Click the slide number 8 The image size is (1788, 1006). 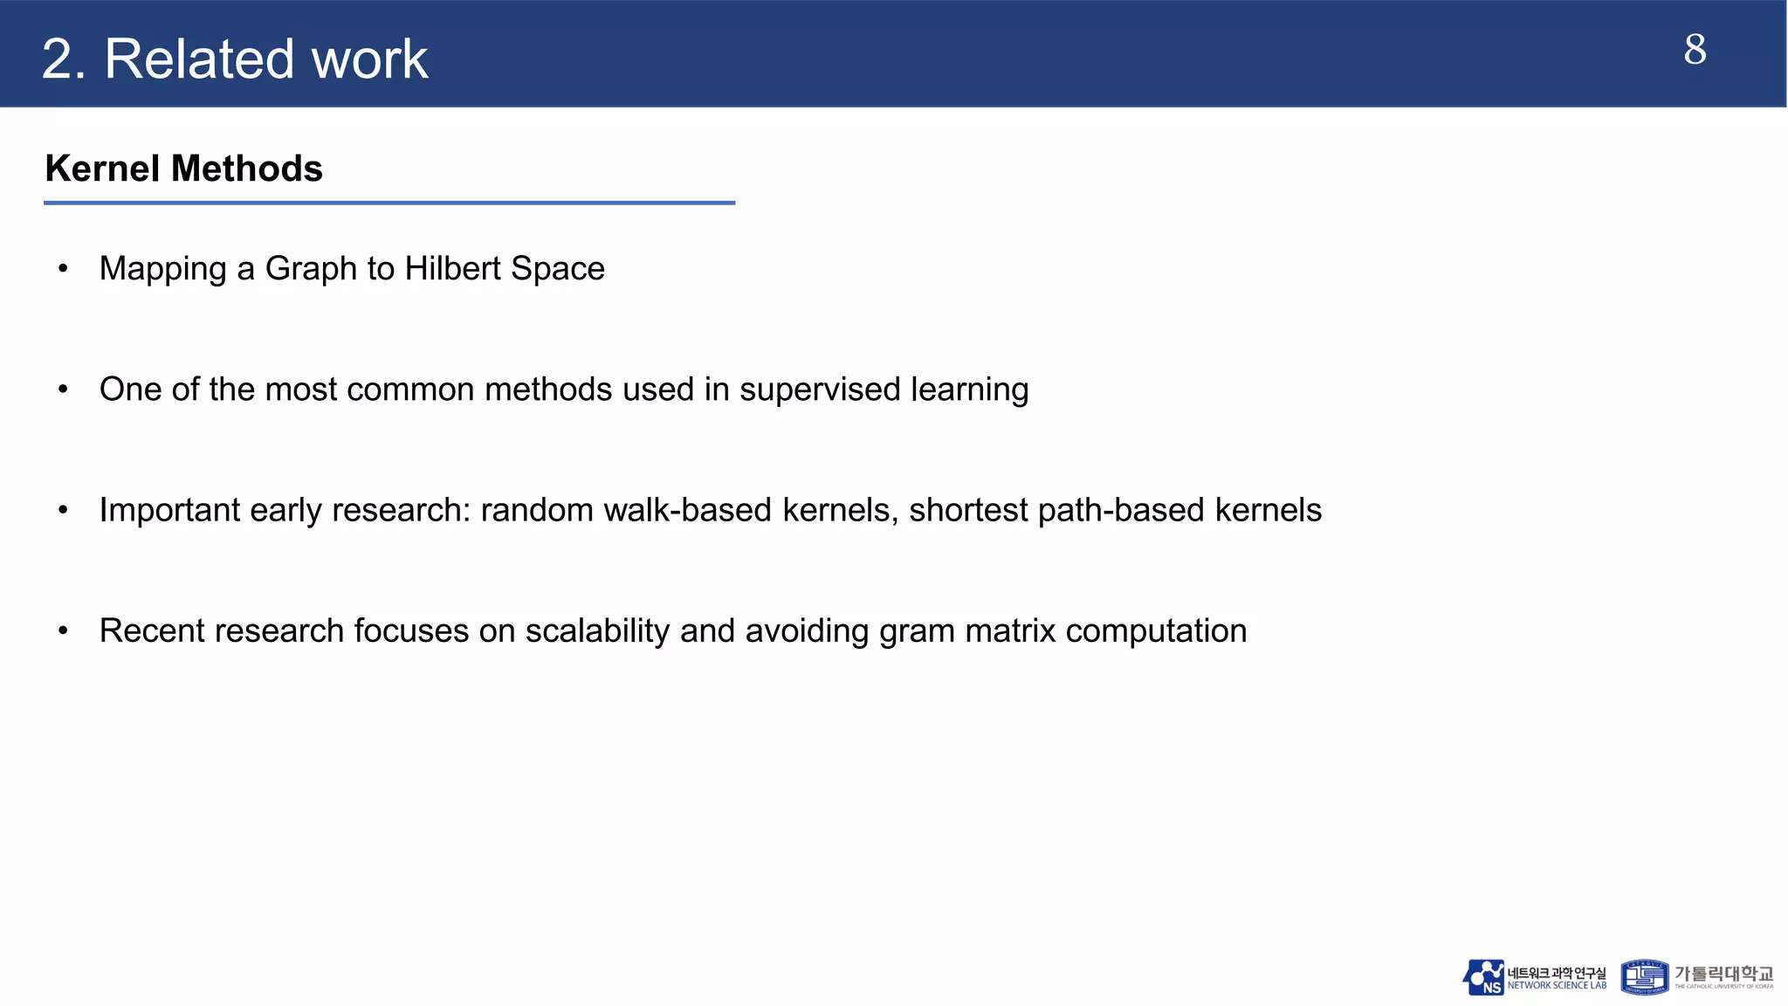click(x=1695, y=50)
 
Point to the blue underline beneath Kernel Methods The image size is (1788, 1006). click(x=389, y=203)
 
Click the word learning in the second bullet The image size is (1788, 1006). click(x=969, y=390)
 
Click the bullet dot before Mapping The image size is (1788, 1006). click(x=63, y=268)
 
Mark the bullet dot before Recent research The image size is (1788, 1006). click(x=63, y=630)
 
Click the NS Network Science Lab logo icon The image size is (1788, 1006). click(x=1483, y=977)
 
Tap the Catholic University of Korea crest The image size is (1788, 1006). click(x=1644, y=977)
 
